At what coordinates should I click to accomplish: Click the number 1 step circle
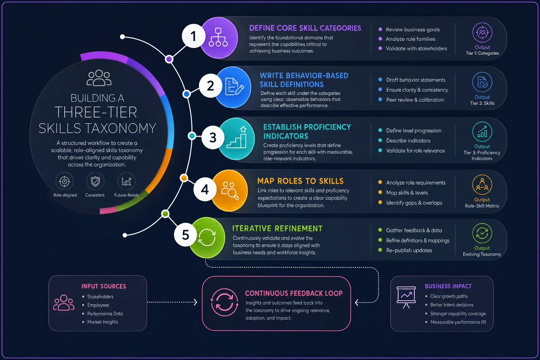(x=193, y=36)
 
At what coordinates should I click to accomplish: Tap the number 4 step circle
(x=205, y=189)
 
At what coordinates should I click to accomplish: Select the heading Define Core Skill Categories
(x=305, y=28)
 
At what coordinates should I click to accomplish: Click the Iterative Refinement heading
(x=277, y=229)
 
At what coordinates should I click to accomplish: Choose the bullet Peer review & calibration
(x=415, y=99)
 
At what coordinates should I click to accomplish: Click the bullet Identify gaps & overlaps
(x=414, y=203)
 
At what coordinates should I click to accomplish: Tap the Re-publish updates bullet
(x=409, y=250)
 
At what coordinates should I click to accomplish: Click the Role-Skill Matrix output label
(x=482, y=206)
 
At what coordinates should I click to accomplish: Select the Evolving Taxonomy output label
(x=482, y=254)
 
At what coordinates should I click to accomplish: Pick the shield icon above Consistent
(x=95, y=181)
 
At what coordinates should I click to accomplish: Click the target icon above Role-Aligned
(x=64, y=181)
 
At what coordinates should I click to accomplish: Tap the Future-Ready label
(x=127, y=195)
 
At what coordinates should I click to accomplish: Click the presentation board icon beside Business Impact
(x=406, y=297)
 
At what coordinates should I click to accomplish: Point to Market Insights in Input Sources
(x=102, y=322)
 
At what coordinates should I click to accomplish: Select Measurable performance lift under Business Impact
(x=458, y=322)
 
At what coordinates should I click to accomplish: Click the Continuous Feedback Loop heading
(x=294, y=293)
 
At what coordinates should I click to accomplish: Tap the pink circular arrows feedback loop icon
(x=224, y=302)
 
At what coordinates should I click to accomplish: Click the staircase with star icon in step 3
(x=237, y=137)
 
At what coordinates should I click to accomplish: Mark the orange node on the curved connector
(x=184, y=178)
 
